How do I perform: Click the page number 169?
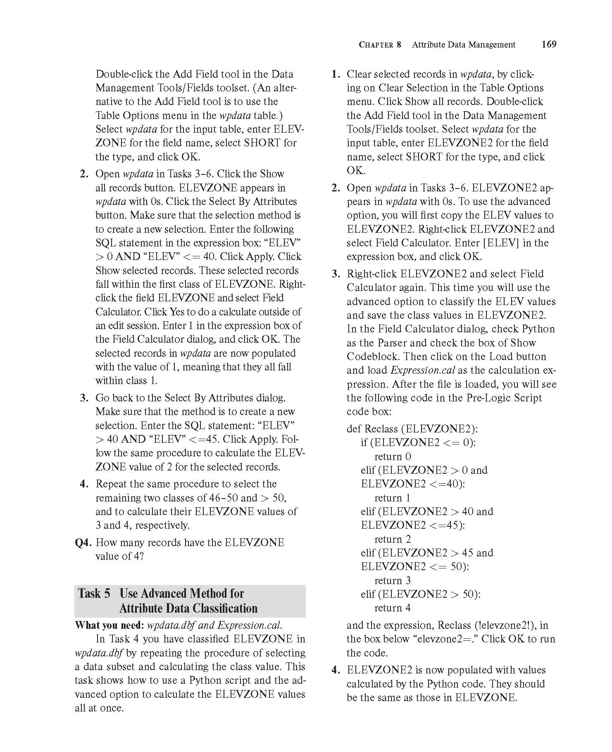click(x=548, y=44)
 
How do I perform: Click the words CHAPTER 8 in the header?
click(x=380, y=45)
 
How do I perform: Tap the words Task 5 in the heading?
click(x=94, y=594)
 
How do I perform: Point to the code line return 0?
click(x=393, y=456)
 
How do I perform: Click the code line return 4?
click(x=393, y=608)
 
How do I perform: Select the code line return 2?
click(x=393, y=539)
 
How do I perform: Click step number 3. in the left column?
click(x=84, y=398)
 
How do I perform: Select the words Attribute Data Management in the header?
click(x=464, y=45)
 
